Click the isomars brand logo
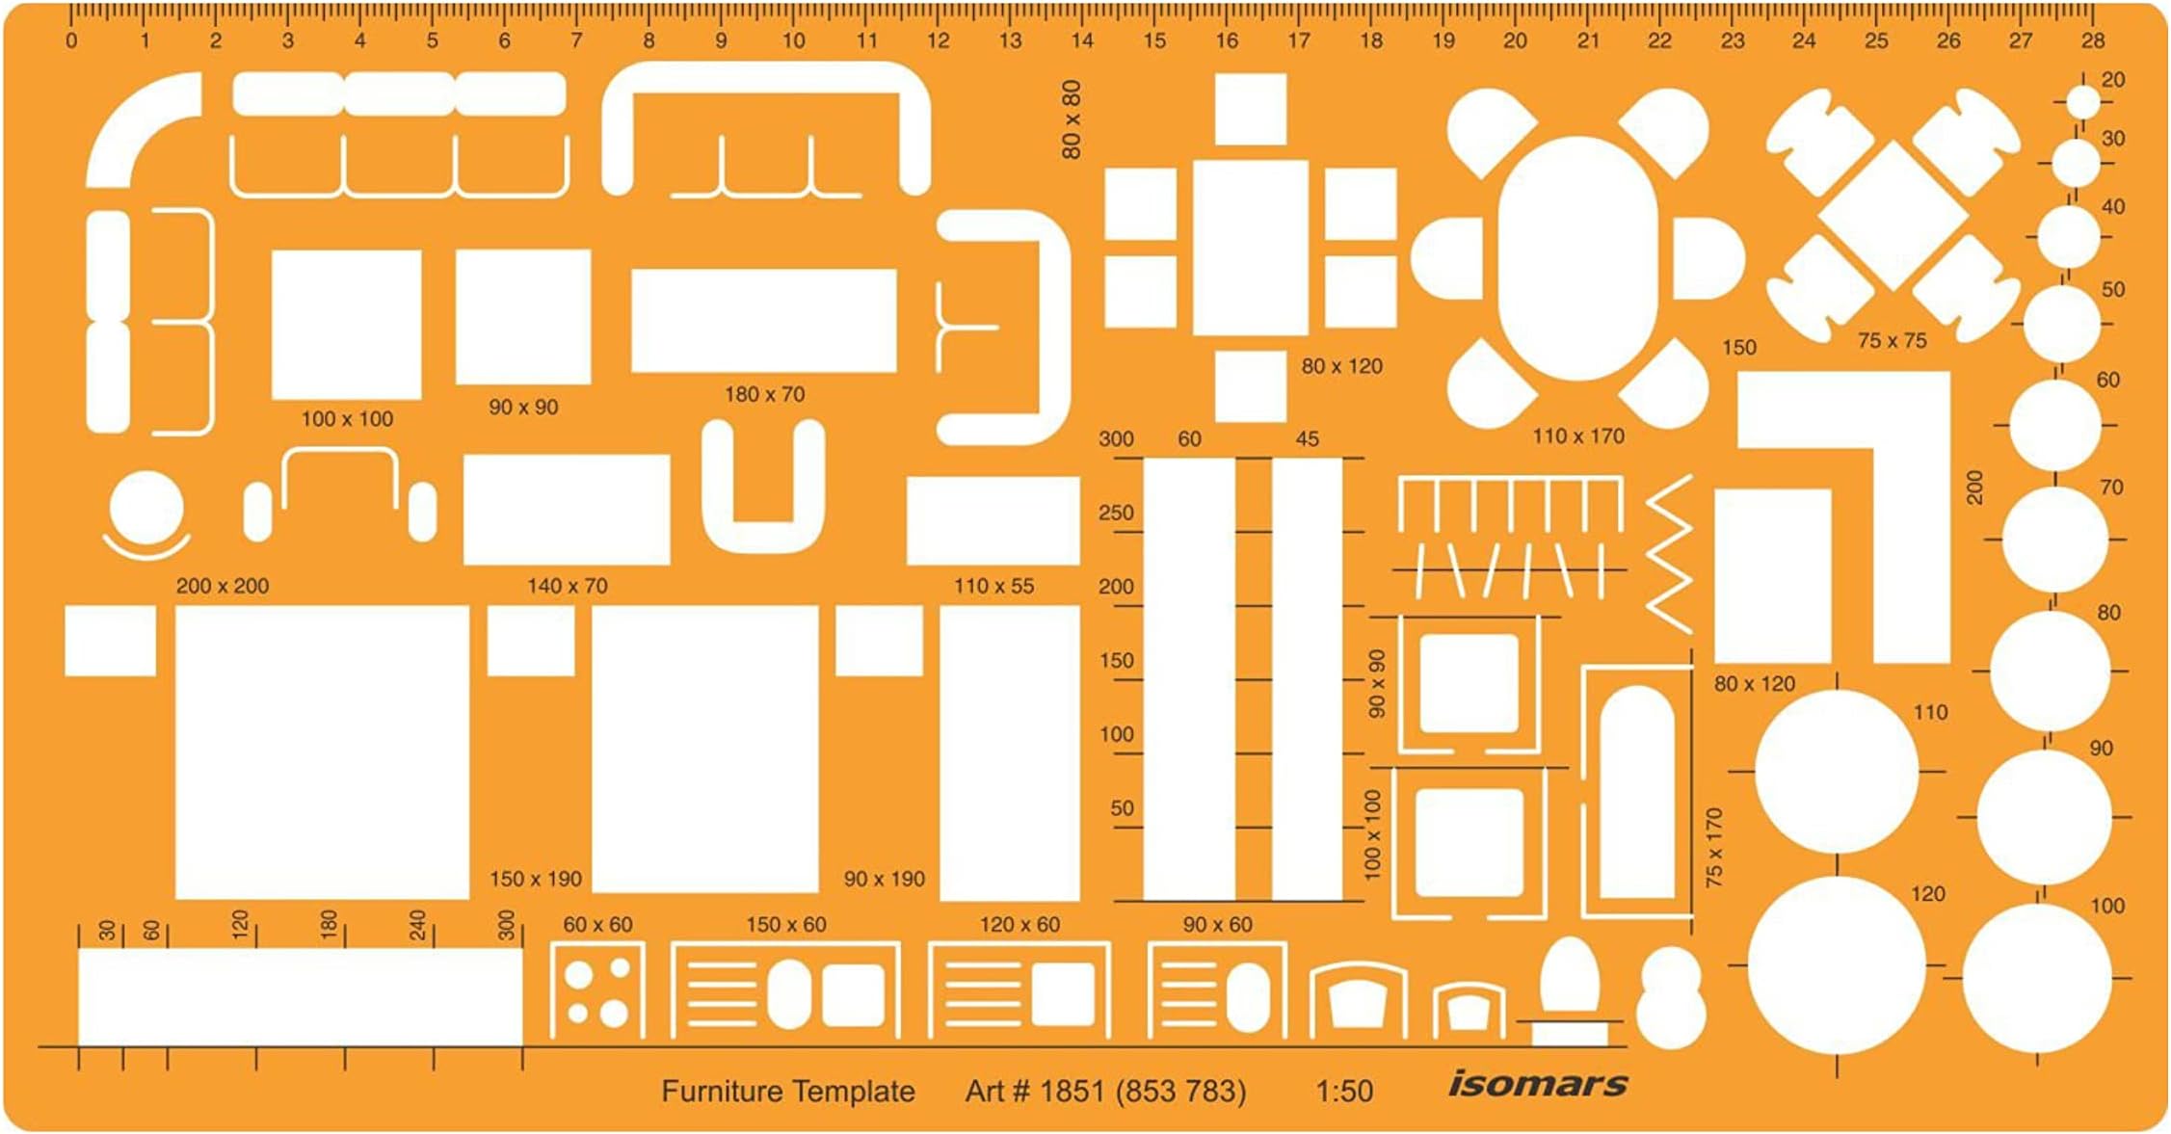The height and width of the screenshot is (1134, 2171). click(x=1537, y=1084)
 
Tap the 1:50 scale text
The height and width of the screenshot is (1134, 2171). click(x=1344, y=1092)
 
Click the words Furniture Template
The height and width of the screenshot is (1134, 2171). click(x=787, y=1092)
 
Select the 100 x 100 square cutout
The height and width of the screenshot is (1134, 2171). click(x=346, y=324)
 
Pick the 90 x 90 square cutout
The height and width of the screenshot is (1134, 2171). click(x=522, y=316)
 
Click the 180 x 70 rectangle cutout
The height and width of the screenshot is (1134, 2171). click(x=763, y=320)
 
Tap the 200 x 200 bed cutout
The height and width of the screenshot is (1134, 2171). click(x=322, y=752)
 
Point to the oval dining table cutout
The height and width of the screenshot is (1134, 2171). click(x=1577, y=258)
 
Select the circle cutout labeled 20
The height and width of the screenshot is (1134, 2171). click(x=2082, y=101)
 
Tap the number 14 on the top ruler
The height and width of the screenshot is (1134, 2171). click(x=1082, y=41)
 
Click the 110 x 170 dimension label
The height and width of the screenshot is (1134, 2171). click(x=1577, y=436)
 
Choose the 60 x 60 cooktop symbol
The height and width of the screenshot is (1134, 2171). click(x=597, y=992)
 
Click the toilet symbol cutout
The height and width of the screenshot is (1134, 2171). click(x=1570, y=988)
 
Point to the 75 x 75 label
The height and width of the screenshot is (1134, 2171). click(x=1892, y=341)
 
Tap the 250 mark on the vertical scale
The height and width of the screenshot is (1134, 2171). click(x=1116, y=513)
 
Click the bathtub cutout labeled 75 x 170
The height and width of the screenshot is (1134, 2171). click(x=1636, y=792)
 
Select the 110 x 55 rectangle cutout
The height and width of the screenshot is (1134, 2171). click(x=993, y=520)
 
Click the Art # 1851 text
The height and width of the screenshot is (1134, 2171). click(x=1104, y=1092)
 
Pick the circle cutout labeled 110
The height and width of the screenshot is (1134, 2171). click(x=1837, y=771)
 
